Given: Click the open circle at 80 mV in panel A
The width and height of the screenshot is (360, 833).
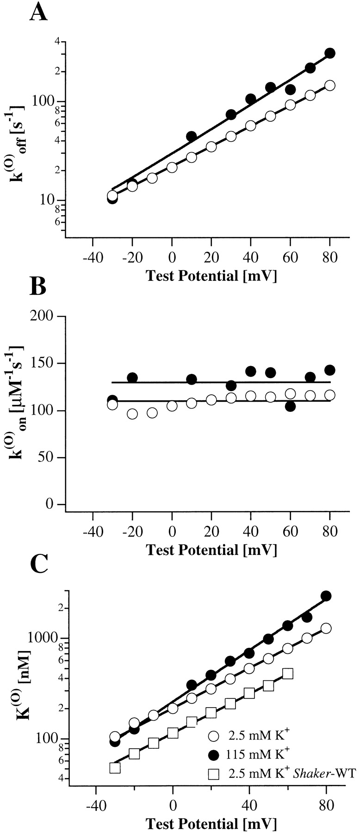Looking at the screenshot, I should [x=330, y=86].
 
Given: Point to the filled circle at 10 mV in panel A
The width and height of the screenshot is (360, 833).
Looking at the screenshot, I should [x=192, y=136].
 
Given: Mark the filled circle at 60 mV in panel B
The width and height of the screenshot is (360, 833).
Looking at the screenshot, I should [x=291, y=406].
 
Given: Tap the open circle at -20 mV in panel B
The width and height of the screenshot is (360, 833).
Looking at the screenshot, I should [x=132, y=414].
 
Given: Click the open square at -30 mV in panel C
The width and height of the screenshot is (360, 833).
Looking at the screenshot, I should [x=115, y=768].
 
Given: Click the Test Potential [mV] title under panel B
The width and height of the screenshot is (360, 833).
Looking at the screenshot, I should [x=211, y=550].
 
